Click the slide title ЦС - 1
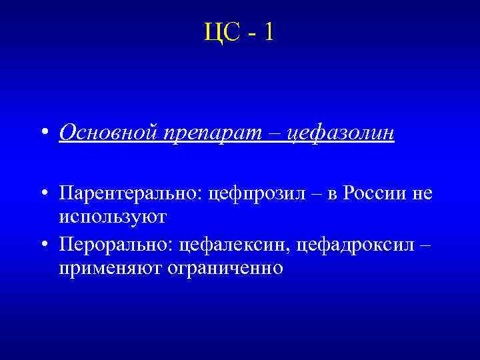[x=239, y=32]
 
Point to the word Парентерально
[x=131, y=194]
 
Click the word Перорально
[x=116, y=245]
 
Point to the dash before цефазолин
[x=273, y=134]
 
